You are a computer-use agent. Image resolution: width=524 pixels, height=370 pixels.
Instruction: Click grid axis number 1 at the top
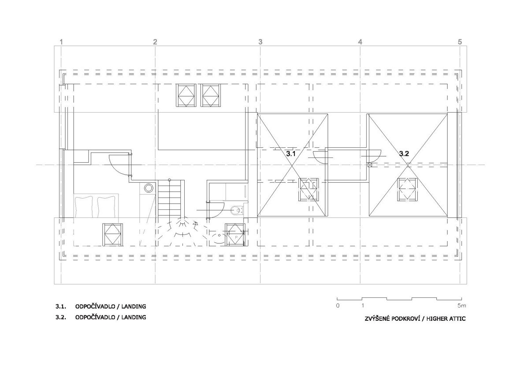point(61,42)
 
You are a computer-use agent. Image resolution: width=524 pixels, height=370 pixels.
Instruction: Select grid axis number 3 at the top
point(260,42)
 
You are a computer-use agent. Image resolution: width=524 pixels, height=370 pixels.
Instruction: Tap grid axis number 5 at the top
point(460,42)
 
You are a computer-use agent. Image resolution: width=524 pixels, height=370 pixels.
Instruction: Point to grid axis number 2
point(155,42)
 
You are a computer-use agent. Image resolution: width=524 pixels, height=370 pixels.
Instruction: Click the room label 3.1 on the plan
point(291,154)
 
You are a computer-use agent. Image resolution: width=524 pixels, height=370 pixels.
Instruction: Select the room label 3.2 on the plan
point(404,154)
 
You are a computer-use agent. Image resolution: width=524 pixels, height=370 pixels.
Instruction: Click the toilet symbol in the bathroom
point(236,210)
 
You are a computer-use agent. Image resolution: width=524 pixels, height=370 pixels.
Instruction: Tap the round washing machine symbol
point(148,188)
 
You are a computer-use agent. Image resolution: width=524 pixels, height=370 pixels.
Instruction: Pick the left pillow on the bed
point(84,206)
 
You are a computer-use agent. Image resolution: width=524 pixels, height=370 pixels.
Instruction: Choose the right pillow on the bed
point(106,206)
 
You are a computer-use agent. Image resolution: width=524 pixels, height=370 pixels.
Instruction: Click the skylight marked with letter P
point(236,234)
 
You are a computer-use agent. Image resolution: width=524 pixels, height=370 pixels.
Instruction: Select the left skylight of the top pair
point(186,95)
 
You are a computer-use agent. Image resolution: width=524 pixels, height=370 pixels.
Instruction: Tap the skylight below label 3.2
point(407,190)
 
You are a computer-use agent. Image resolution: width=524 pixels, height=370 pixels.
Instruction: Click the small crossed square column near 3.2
point(369,165)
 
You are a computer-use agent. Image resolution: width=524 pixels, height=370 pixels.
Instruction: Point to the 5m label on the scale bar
point(462,305)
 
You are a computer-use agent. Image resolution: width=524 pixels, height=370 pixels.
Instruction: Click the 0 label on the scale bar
point(338,305)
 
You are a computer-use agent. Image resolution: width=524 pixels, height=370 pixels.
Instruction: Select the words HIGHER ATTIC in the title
point(446,319)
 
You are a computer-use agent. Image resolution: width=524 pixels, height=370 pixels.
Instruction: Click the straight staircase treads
point(171,198)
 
